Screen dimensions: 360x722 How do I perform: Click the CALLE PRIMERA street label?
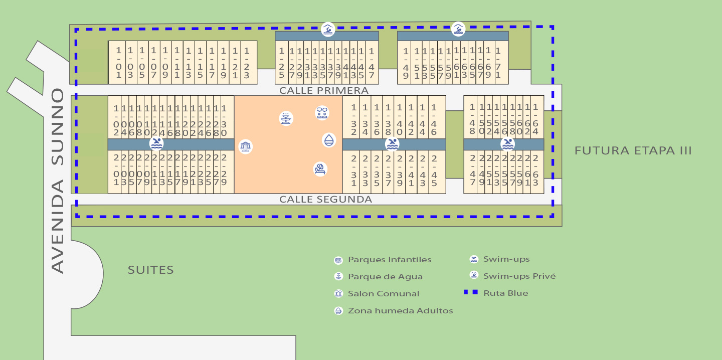[324, 90]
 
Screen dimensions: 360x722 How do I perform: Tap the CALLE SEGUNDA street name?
[325, 200]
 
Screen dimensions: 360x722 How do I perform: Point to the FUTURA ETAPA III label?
[633, 150]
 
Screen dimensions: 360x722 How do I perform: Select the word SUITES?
[150, 270]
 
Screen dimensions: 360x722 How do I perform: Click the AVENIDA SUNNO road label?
[58, 181]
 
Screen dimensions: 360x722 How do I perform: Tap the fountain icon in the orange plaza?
[286, 119]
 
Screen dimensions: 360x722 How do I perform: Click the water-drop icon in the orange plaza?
[328, 140]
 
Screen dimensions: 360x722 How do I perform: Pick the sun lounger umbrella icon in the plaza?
[320, 169]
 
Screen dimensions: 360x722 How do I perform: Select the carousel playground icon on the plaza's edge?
[245, 146]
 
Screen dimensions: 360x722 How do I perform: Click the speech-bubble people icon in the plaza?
[322, 113]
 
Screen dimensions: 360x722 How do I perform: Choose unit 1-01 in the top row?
[119, 63]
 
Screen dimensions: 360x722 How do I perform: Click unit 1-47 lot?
[371, 63]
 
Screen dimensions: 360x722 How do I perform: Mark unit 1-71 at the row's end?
[498, 63]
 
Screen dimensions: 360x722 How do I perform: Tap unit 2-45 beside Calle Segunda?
[434, 170]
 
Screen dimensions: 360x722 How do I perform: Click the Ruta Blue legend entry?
[505, 293]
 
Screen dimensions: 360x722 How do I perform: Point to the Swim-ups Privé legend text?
[519, 276]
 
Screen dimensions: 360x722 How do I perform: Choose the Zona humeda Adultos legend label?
[400, 311]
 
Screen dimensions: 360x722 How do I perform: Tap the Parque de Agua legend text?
[385, 277]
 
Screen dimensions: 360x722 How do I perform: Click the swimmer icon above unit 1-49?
[458, 29]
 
